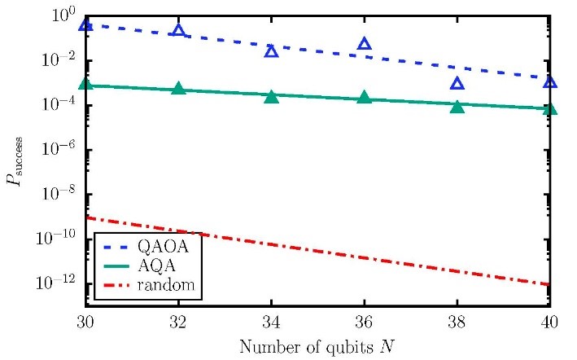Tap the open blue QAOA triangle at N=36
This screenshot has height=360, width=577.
[x=365, y=43]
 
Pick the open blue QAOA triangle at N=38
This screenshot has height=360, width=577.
[x=457, y=83]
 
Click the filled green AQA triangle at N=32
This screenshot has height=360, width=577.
[x=179, y=88]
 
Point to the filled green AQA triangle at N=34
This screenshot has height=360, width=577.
[x=272, y=96]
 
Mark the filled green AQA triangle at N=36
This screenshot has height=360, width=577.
[x=365, y=98]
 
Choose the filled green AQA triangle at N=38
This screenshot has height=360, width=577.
[x=457, y=107]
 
